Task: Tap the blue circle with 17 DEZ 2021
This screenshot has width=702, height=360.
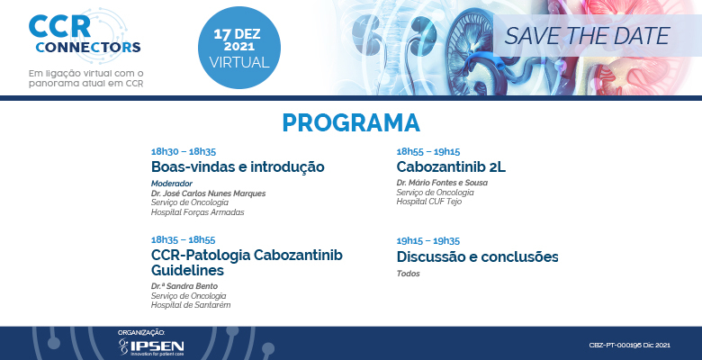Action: coord(239,48)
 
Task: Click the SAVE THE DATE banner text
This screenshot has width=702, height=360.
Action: coord(587,36)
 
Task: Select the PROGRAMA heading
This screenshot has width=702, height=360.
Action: coord(351,122)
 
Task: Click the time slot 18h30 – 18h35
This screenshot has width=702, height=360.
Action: coord(184,151)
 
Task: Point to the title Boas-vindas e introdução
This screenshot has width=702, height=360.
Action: coord(238,166)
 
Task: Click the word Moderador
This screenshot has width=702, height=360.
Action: coord(172,183)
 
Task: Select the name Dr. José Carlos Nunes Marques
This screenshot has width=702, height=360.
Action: coord(208,193)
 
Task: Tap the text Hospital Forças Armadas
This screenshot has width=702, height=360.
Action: coord(197,212)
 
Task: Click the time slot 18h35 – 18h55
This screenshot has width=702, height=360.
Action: coord(183,239)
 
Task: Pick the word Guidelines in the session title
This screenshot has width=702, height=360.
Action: coord(187,270)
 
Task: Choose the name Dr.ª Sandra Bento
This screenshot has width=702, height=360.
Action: coord(184,286)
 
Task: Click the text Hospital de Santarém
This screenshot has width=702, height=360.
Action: coord(191,305)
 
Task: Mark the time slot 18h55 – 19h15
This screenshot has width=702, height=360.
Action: coord(428,151)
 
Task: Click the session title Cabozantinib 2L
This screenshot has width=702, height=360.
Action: coord(451,166)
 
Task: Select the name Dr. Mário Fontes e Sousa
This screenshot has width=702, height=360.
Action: coord(442,183)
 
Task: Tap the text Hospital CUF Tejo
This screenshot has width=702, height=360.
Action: coord(429,202)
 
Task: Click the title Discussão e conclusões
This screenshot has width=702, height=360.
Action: coord(477,256)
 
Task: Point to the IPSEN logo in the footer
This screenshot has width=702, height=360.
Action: coord(151,347)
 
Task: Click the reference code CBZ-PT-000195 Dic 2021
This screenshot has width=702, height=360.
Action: coord(629,346)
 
